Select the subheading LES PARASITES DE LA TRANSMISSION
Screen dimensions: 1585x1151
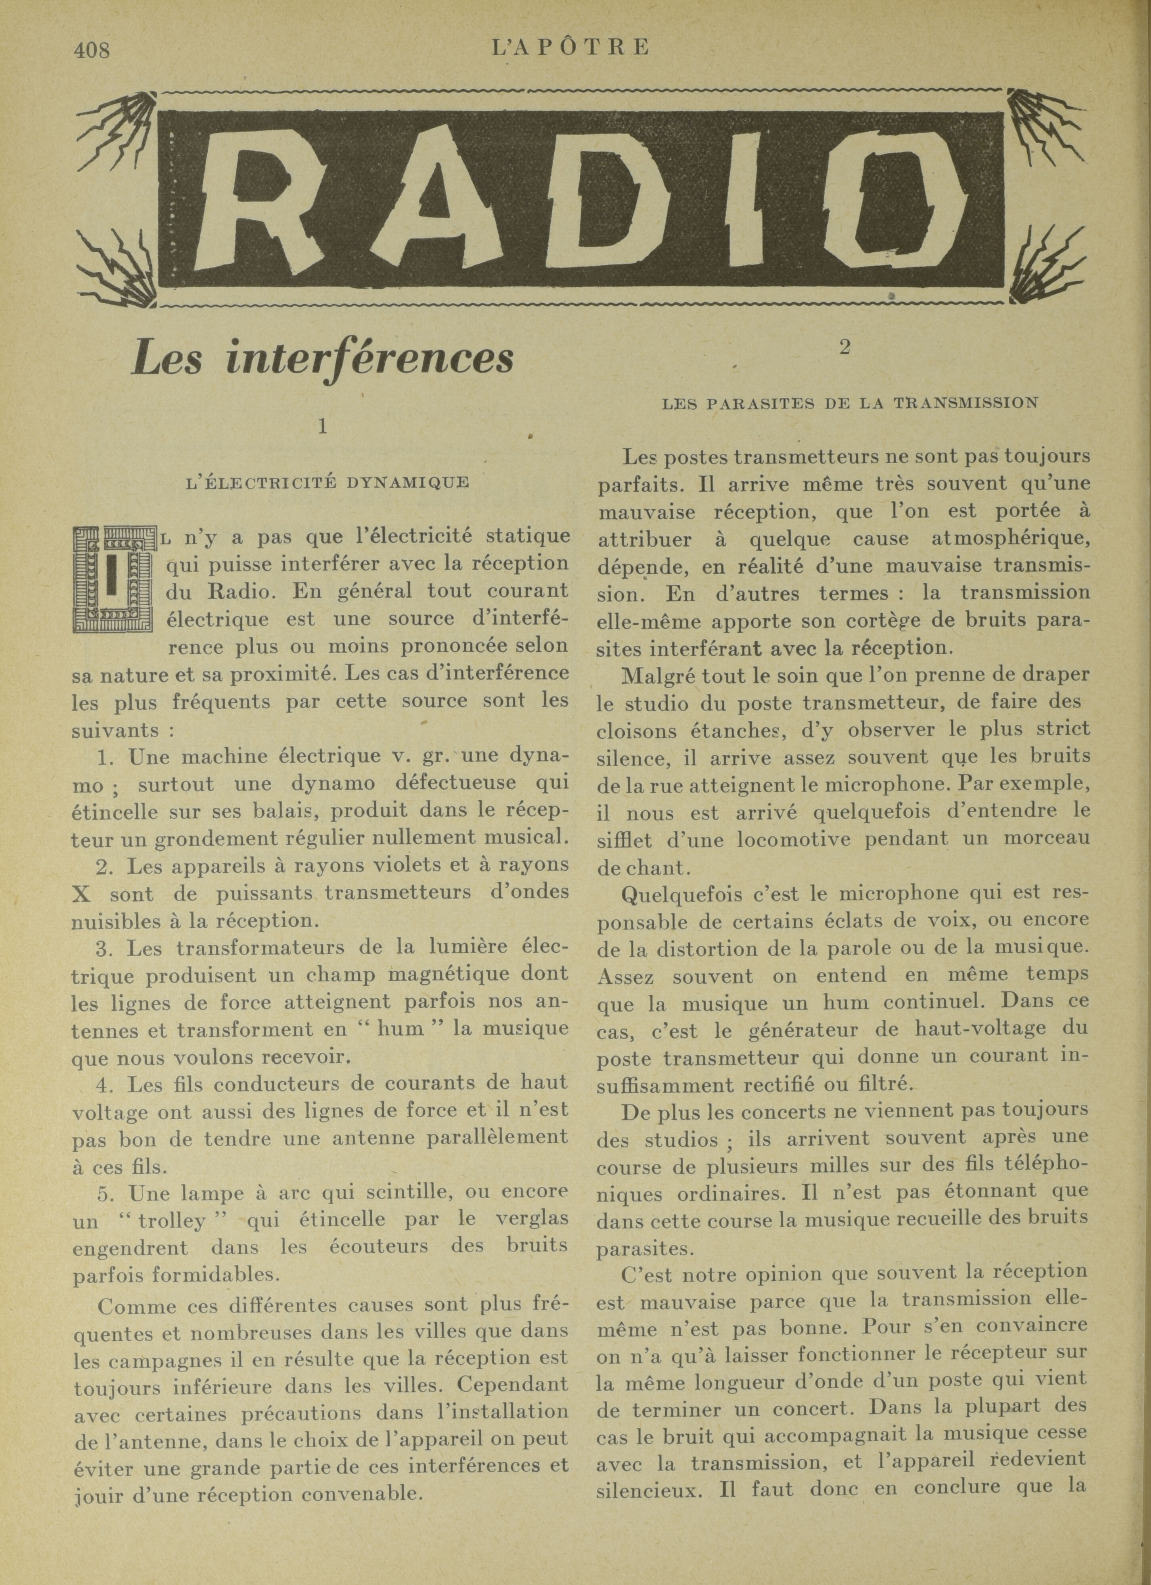point(849,403)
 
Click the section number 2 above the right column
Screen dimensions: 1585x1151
point(845,347)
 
